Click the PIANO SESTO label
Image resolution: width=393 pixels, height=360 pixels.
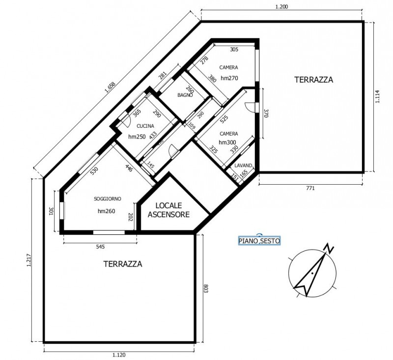[x=259, y=241]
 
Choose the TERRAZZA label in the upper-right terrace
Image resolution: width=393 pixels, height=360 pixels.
[x=313, y=79]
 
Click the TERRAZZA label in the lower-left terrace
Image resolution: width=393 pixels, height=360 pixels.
[x=123, y=264]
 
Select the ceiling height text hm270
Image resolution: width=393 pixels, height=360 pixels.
[x=229, y=78]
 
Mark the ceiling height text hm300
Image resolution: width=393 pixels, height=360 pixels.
[x=228, y=142]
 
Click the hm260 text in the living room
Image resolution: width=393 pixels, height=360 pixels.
[x=107, y=211]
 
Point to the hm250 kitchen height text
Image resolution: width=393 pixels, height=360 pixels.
[x=137, y=137]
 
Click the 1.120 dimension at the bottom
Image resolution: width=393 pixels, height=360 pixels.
[x=120, y=355]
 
